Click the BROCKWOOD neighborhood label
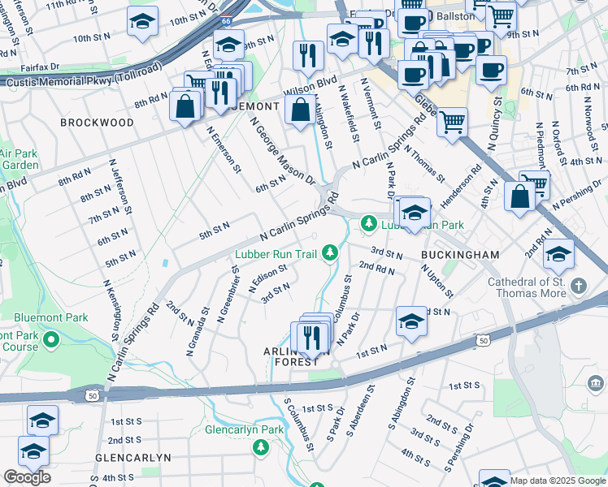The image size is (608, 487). point(97,123)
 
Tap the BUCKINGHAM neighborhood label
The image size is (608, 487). point(459,255)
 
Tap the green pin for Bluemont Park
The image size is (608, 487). point(51,338)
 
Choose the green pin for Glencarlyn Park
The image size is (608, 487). point(261,446)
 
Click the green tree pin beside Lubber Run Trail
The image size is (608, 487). point(330,254)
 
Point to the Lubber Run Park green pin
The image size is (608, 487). point(369,222)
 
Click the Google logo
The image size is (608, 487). point(26,477)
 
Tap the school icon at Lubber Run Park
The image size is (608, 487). point(415,213)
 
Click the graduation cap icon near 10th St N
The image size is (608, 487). point(143,23)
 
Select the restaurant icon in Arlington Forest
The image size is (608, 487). point(314,338)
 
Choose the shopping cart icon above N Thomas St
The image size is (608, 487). point(452,123)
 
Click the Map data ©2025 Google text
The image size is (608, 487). point(558,481)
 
